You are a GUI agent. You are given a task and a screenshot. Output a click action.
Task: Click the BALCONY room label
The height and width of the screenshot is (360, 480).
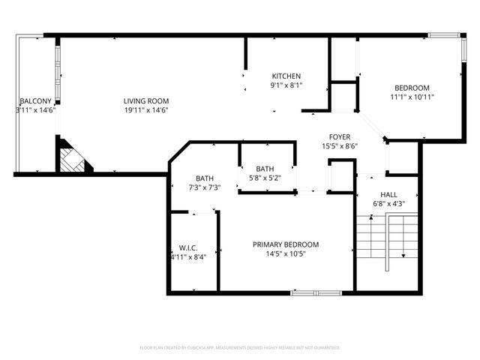point(35,101)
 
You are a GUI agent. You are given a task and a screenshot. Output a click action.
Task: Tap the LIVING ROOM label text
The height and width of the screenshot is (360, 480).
point(146,101)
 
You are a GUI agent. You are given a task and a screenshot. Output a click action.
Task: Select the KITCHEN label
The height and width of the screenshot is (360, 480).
point(286,76)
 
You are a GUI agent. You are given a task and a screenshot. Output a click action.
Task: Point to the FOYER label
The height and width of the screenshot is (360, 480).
point(340,136)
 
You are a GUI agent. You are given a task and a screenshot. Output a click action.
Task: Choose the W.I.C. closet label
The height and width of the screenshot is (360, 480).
point(187,247)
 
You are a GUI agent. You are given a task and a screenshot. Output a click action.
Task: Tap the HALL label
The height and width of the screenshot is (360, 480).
point(388,194)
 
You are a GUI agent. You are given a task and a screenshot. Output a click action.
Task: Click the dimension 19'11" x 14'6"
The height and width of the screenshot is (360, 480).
point(146,110)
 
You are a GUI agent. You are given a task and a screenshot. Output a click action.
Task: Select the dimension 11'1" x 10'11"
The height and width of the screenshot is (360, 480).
point(412,97)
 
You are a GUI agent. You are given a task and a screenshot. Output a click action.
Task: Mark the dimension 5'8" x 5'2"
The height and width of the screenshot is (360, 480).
point(265,178)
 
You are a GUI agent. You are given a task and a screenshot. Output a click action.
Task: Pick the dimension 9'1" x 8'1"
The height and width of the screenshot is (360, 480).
point(286,85)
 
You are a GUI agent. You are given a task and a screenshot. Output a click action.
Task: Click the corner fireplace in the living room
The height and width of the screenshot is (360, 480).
point(72,159)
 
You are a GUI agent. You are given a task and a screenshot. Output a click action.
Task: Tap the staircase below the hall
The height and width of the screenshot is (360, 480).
point(386,238)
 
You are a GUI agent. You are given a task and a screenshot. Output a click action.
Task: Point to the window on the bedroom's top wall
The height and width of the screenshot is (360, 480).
point(442,34)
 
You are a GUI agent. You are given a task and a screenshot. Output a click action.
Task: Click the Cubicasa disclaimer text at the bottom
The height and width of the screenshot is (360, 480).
point(240,347)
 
